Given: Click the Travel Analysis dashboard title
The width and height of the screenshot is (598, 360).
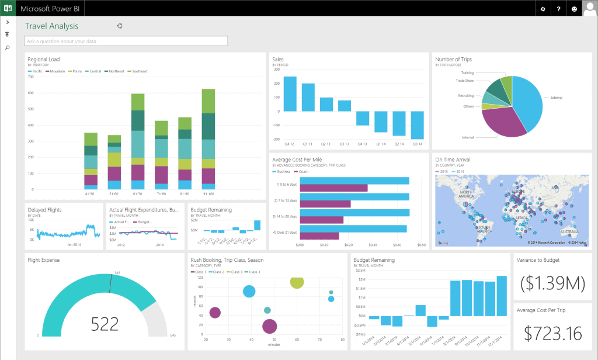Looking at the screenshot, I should click(x=51, y=26).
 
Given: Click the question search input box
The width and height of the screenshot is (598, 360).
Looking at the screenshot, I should click(x=126, y=41).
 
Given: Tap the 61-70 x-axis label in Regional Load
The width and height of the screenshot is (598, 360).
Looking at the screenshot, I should click(x=138, y=193).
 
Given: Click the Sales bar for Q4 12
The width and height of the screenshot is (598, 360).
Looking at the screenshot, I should click(x=290, y=94).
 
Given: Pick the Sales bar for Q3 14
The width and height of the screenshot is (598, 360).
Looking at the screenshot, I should click(x=417, y=125).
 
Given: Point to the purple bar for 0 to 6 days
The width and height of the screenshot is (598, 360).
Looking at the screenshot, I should click(x=333, y=188).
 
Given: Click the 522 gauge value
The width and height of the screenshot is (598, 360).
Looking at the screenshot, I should click(x=105, y=323).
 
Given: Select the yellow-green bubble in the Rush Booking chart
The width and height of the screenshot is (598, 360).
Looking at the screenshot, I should click(x=297, y=282).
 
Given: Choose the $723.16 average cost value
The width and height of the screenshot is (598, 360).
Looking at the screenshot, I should click(x=552, y=333).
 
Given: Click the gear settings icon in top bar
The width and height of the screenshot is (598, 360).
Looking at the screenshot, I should click(x=543, y=9).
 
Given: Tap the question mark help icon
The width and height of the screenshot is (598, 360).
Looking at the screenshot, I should click(x=559, y=9).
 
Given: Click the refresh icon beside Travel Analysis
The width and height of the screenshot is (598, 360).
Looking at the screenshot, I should click(x=120, y=26).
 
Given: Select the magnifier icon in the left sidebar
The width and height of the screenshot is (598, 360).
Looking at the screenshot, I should click(x=7, y=48).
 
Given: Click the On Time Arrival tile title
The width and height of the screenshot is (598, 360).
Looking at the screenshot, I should click(x=453, y=160).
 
